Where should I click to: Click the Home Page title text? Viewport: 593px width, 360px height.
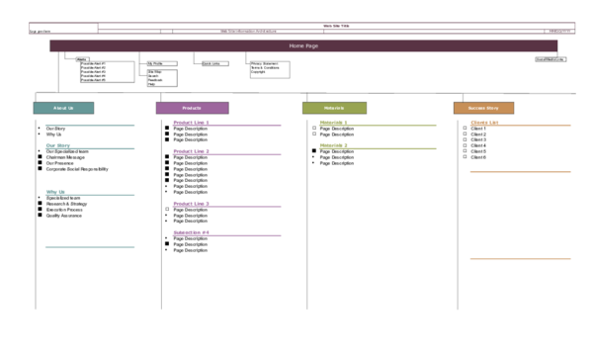pyautogui.click(x=303, y=46)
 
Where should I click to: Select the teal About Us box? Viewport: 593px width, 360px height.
pyautogui.click(x=63, y=108)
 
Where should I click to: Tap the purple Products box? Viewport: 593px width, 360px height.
pyautogui.click(x=192, y=108)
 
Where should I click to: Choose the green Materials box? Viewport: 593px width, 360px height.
pyautogui.click(x=334, y=108)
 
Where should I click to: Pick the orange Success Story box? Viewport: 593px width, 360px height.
pyautogui.click(x=483, y=108)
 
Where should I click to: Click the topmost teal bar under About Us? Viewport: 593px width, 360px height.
pyautogui.click(x=90, y=125)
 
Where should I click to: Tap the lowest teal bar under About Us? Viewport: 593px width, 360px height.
pyautogui.click(x=90, y=247)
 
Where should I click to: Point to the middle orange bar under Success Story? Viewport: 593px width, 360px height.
pyautogui.click(x=521, y=171)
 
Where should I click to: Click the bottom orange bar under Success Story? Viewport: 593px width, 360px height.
pyautogui.click(x=521, y=258)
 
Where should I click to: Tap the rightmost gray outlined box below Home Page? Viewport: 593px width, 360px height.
pyautogui.click(x=270, y=69)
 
